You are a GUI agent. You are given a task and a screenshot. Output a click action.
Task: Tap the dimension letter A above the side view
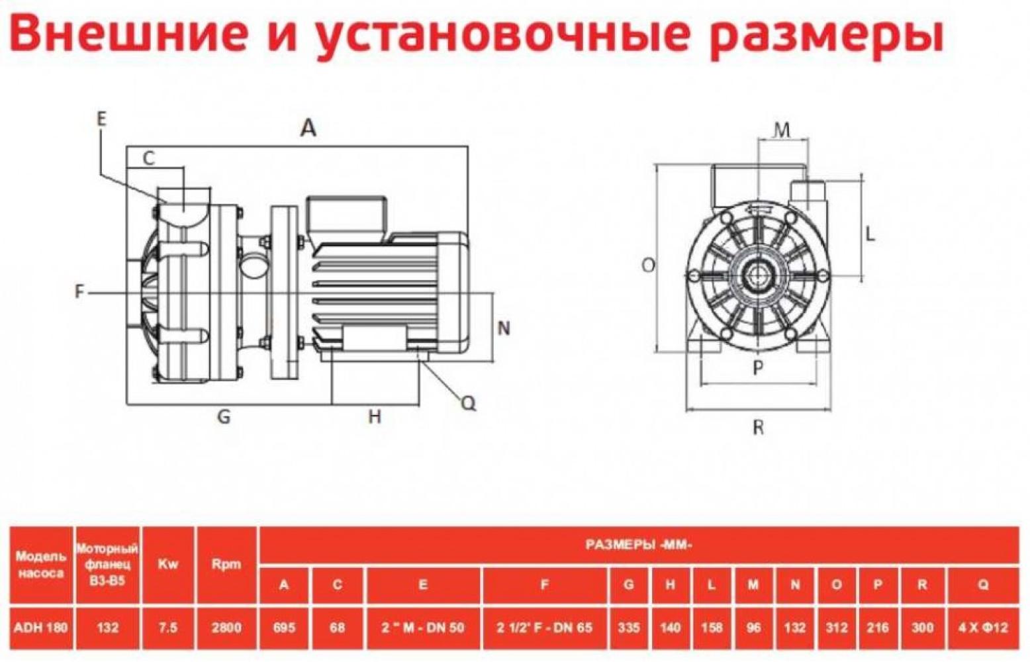[308, 127]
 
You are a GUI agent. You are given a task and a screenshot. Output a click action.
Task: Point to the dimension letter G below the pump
[224, 416]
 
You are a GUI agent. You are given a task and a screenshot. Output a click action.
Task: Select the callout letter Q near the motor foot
[469, 403]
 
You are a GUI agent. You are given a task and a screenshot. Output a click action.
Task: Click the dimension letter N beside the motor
[504, 328]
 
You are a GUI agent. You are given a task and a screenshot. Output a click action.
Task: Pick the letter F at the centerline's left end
[79, 291]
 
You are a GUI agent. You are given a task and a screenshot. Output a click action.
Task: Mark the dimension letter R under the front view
[758, 428]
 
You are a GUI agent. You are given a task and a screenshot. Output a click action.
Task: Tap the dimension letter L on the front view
[870, 234]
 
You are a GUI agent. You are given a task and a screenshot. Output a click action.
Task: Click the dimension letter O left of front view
[648, 265]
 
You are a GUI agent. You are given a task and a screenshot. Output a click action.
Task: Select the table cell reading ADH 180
[42, 628]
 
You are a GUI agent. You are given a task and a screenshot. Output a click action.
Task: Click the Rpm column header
[226, 564]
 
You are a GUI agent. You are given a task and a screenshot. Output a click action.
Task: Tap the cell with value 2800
[226, 628]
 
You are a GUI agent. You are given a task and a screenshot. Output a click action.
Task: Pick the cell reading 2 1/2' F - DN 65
[544, 628]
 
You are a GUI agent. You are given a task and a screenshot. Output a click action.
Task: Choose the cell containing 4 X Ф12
[983, 628]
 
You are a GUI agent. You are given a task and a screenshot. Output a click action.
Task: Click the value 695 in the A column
[284, 628]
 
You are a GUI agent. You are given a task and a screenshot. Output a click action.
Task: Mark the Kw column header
[168, 564]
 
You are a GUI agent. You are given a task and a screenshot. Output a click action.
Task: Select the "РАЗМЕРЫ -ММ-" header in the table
[639, 545]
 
